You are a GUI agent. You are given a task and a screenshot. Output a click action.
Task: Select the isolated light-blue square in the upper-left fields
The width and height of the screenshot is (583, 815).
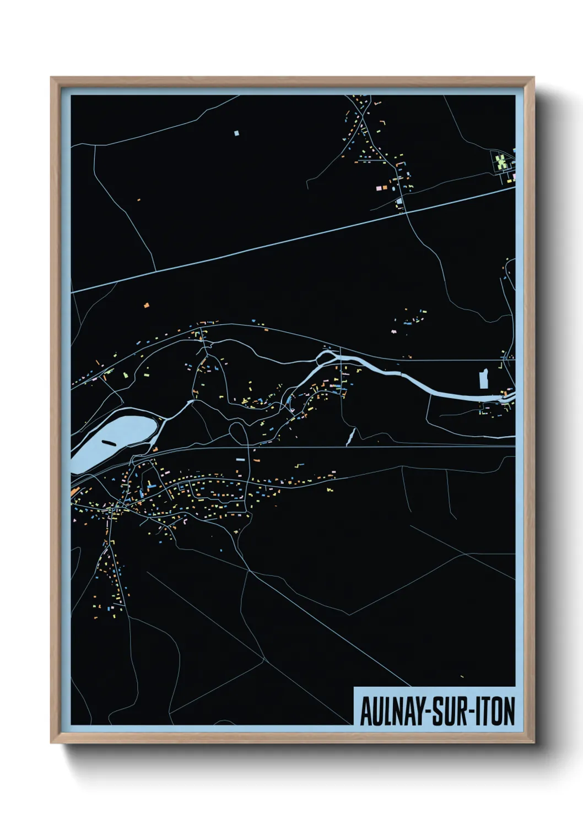point(236,133)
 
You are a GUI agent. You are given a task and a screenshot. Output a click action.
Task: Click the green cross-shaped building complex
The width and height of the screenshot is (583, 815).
point(501,161)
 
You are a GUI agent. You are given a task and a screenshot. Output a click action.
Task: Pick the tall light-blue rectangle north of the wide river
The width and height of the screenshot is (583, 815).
point(484,379)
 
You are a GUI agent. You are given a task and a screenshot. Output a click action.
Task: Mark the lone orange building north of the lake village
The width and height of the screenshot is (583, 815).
point(147,305)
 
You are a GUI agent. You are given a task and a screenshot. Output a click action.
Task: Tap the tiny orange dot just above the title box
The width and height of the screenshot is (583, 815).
point(462,677)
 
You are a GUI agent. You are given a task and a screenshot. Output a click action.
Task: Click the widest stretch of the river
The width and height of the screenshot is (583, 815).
point(452,392)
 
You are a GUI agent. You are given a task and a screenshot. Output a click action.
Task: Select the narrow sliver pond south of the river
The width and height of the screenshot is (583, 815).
point(350,437)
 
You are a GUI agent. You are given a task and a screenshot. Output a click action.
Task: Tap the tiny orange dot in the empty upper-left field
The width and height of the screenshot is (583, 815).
point(138,200)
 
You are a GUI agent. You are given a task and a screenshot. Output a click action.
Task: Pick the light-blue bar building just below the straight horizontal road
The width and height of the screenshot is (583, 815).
point(240,459)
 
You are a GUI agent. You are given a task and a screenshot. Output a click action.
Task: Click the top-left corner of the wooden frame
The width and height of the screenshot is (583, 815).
point(52,78)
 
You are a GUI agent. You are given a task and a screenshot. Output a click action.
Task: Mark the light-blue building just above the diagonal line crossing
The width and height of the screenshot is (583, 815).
point(399,202)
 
